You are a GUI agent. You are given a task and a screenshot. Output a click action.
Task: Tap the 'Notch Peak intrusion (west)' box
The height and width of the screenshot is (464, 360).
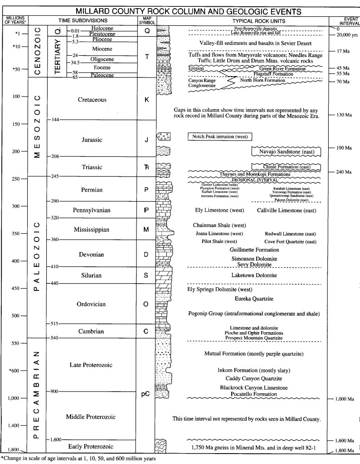coord(219,136)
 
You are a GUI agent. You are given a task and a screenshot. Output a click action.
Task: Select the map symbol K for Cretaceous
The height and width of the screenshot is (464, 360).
coord(146,99)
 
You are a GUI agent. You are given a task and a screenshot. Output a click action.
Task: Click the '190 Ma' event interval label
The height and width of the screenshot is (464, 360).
coord(345,148)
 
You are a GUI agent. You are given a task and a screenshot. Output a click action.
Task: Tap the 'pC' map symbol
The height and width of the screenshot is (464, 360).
coord(146,394)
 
